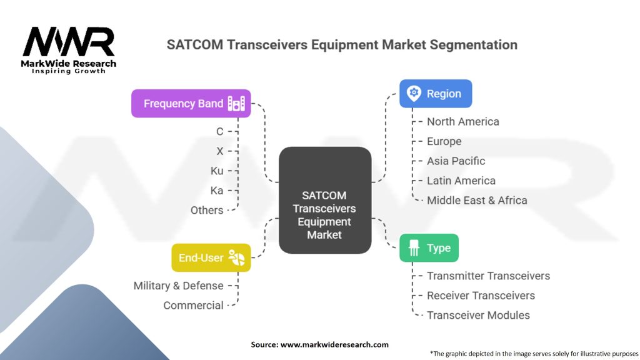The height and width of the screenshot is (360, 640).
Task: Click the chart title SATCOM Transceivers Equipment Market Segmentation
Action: point(342,45)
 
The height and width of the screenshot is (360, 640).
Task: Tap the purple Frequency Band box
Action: point(191,103)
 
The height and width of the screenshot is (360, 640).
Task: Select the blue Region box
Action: point(436,94)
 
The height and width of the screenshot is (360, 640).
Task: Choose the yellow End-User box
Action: point(211,257)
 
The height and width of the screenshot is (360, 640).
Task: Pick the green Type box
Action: point(429,248)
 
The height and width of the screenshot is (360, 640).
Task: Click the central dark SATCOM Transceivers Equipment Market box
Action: point(324,200)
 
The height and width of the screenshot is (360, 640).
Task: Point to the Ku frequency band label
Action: point(217,171)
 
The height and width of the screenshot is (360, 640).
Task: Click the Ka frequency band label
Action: point(217,191)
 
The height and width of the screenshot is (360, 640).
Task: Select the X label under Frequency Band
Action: point(219,151)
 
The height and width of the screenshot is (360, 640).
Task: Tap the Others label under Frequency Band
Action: point(207,211)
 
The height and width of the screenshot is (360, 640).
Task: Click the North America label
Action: point(462,122)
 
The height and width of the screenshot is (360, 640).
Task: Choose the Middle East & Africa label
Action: point(477,201)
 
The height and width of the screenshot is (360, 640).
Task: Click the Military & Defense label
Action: point(178,286)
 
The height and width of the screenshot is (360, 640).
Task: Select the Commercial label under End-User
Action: point(193,306)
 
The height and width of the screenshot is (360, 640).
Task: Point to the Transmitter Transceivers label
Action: point(488,276)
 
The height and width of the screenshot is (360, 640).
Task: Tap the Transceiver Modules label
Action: point(478,315)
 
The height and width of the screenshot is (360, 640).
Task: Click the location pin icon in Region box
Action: point(413,94)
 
